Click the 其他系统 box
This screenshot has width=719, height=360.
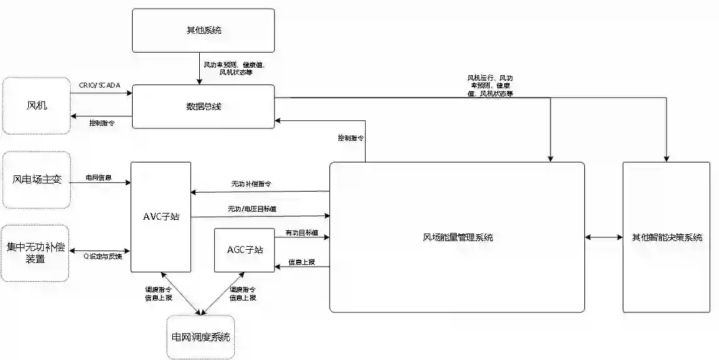pos(203,30)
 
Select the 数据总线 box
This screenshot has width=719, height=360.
pos(203,106)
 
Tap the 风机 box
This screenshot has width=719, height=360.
pos(36,105)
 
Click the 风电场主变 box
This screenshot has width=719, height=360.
pos(37,179)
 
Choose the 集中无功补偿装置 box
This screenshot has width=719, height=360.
pos(36,252)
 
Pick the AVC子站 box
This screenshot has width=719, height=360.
pos(161,217)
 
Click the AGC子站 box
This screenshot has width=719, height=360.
pos(244,250)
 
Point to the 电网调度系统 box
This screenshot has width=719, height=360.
pos(200,337)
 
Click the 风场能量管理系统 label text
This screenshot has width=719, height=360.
pos(457,237)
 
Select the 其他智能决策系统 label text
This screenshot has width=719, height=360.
pos(666,237)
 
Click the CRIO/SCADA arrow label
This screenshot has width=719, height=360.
pos(100,85)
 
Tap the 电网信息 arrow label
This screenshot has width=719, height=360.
pos(99,177)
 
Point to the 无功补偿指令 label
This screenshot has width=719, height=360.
pos(251,184)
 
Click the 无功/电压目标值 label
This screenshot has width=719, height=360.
pos(252,208)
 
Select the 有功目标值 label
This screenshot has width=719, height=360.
pos(301,232)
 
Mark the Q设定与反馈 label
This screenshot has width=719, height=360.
pos(103,255)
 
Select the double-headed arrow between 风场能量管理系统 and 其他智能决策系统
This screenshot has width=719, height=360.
pos(604,237)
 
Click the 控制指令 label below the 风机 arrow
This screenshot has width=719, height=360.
pos(101,123)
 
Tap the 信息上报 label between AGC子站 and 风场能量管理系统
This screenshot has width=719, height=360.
pos(301,261)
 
